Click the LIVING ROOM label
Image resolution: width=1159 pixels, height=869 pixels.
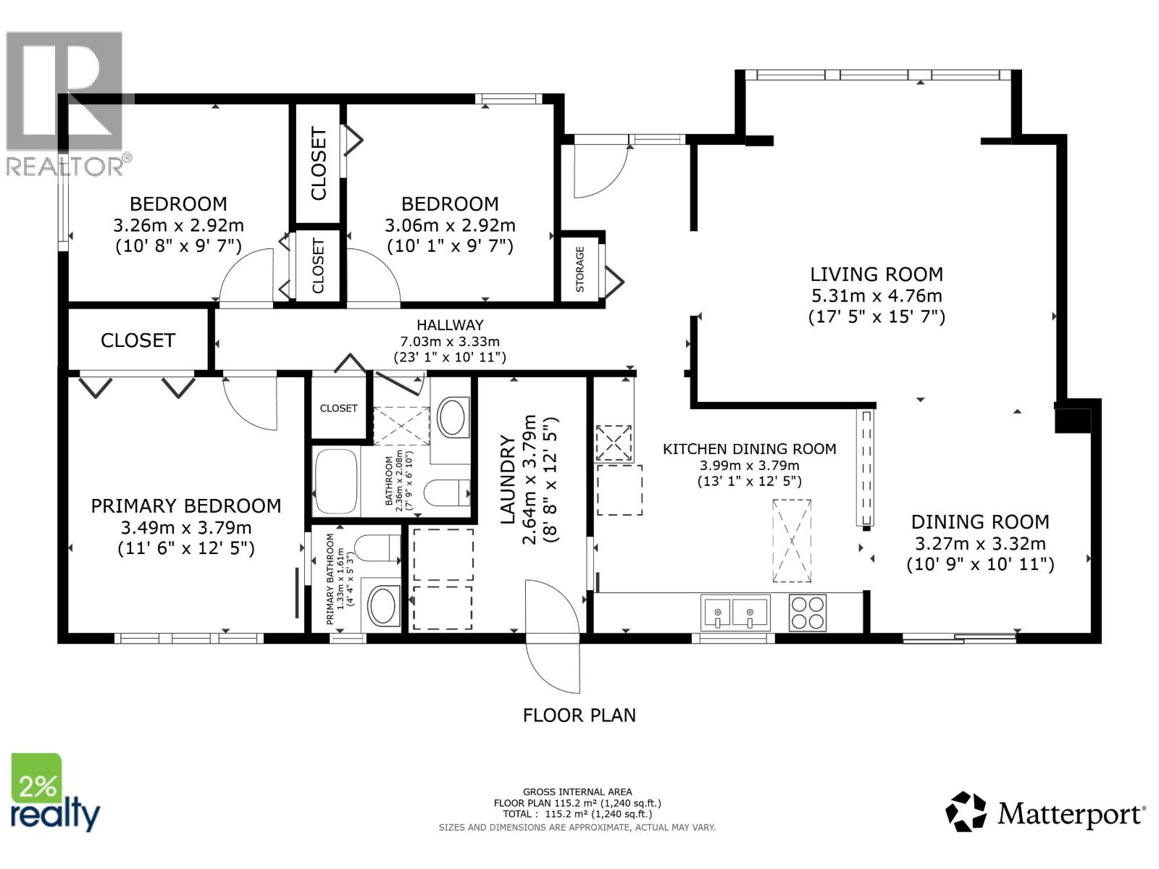pos(876,274)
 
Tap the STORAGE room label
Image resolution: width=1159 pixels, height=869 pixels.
pos(579,269)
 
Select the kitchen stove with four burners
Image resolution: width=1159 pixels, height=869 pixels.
pos(807,613)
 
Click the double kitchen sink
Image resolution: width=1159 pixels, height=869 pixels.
pos(735,613)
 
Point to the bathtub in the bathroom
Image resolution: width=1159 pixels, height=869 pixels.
pos(336,481)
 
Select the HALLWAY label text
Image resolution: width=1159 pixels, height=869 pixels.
pos(450,325)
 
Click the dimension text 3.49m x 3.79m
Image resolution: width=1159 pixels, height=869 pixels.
pos(186,527)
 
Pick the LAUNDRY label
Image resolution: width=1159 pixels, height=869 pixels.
pos(508,479)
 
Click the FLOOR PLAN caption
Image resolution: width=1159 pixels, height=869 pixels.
pos(579,715)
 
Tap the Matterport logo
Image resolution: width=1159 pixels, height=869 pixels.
pos(1045,813)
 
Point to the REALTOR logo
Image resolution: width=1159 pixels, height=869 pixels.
pos(66,105)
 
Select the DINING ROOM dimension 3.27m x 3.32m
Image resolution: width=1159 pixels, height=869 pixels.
pos(980,544)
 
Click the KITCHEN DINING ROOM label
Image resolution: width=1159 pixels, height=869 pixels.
pos(749,449)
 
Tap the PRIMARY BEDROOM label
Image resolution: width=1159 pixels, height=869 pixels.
pos(186,505)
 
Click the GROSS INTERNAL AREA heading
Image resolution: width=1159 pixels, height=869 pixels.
pos(577,792)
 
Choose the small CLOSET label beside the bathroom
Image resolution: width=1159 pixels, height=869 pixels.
pos(338,408)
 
